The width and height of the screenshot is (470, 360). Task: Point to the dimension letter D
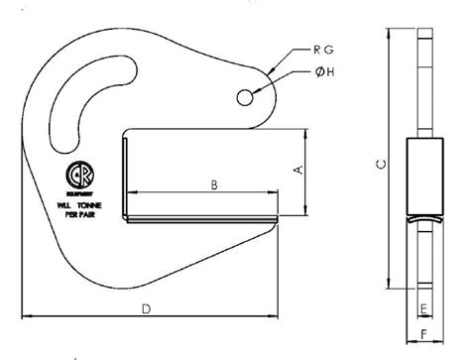(x=145, y=309)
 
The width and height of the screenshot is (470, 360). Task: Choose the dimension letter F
(x=424, y=334)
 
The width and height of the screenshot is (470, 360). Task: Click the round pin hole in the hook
(x=246, y=95)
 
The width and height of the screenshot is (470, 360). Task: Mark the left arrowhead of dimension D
(x=26, y=317)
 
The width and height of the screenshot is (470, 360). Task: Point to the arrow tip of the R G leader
(x=272, y=69)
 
